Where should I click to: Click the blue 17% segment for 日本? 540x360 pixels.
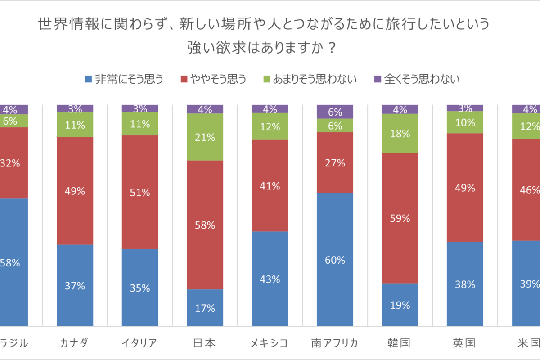tap(205, 307)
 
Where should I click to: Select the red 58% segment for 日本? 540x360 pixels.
tap(205, 225)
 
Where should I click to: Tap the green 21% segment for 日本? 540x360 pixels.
tap(205, 137)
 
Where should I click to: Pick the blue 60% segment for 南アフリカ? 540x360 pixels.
tap(335, 259)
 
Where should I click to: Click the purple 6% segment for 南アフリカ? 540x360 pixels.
tap(335, 112)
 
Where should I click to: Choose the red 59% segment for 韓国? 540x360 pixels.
tap(400, 218)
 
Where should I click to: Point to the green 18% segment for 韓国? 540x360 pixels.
tap(400, 133)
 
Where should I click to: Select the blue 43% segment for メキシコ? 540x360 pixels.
tap(270, 279)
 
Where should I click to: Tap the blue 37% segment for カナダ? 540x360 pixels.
tap(75, 285)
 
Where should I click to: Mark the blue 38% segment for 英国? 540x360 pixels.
tap(465, 283)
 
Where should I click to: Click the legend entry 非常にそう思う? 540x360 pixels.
tap(124, 80)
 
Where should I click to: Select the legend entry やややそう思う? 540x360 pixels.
tap(213, 80)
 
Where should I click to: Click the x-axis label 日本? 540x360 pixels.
tap(205, 343)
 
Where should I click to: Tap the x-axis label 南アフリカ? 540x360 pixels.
tap(335, 343)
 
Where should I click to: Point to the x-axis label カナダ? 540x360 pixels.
tap(75, 343)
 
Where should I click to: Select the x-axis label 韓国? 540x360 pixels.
tap(400, 343)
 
